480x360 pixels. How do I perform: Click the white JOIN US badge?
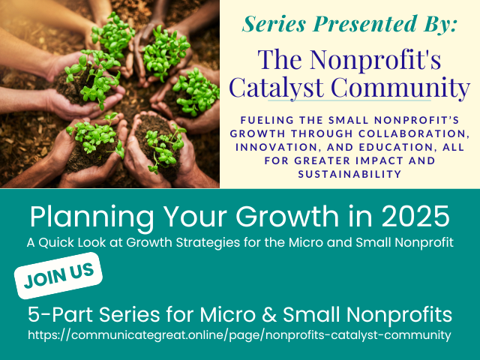[58, 275]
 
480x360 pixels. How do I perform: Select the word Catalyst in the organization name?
[276, 87]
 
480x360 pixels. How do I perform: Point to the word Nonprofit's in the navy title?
[375, 59]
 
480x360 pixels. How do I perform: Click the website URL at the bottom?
[239, 334]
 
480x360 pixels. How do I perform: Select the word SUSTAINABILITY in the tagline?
[349, 174]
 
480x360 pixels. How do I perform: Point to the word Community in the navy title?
[400, 88]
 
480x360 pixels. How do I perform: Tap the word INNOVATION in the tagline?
[278, 147]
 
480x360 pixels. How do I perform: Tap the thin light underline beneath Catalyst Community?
[349, 100]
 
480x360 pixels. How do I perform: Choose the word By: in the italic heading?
[440, 25]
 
